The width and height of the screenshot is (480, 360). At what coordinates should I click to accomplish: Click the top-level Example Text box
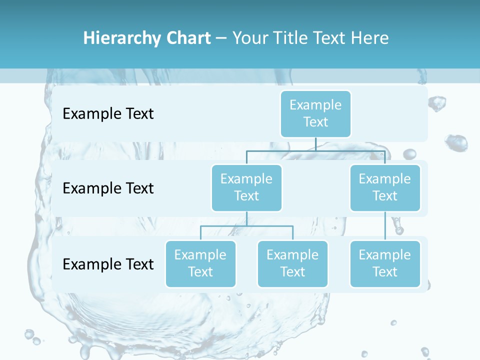coord(315,113)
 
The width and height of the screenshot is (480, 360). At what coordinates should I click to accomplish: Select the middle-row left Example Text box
coord(246,187)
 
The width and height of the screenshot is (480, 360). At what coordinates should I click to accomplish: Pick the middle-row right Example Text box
coord(384,187)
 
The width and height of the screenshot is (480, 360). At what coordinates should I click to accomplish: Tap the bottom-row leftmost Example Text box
coord(200,263)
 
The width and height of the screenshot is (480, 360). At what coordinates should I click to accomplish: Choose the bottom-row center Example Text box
coord(292,263)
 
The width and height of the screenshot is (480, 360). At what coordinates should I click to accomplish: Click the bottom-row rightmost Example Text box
coord(384,263)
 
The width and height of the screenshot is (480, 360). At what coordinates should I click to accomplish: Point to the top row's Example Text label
coord(108,114)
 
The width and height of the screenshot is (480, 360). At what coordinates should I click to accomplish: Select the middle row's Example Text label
coord(108,188)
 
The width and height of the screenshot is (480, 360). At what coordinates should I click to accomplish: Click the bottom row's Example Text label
coord(108,264)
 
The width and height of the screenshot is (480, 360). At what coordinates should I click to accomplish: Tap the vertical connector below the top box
coord(315,144)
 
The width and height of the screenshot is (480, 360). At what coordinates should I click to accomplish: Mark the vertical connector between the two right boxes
coord(384,226)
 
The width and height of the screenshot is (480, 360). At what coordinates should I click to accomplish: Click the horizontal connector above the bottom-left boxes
coord(246,226)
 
